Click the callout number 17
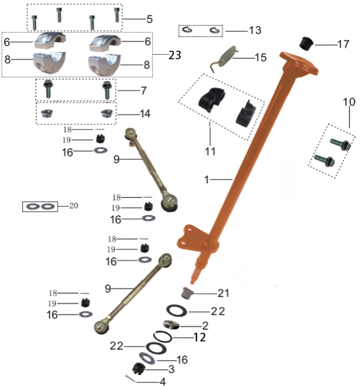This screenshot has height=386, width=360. pos(343,44)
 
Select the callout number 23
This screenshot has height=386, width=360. pos(175,55)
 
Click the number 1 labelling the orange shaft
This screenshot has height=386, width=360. pos(207,179)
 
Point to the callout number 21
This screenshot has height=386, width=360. pos(222,293)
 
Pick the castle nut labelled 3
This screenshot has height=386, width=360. pos(139,368)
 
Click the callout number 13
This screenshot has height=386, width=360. pos(255,30)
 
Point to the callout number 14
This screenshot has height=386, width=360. pos(145,114)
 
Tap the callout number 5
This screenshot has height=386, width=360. pos(149,18)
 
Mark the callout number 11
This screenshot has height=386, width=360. pos(210,151)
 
